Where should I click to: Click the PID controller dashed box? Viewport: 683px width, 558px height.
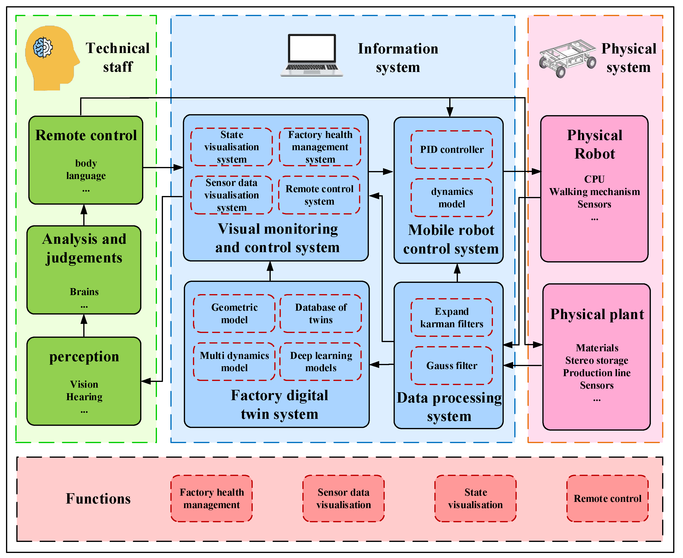click(x=451, y=149)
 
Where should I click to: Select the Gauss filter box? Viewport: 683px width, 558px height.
click(x=451, y=365)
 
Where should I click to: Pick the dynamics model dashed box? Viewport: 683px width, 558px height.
click(x=451, y=198)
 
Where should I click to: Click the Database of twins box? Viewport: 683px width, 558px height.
click(x=321, y=313)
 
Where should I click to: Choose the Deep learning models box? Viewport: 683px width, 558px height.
click(x=321, y=362)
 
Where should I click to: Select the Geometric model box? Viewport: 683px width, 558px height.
click(x=234, y=313)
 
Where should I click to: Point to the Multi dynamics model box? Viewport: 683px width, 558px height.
click(x=234, y=362)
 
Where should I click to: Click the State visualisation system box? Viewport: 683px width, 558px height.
click(x=232, y=147)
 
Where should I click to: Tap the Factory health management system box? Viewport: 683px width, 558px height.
click(x=320, y=147)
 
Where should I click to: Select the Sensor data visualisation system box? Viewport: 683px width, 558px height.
click(x=232, y=195)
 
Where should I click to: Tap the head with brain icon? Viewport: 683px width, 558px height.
click(x=51, y=58)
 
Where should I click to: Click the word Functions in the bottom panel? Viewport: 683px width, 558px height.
click(x=98, y=499)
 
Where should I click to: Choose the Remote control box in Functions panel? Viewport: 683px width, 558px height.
click(x=607, y=499)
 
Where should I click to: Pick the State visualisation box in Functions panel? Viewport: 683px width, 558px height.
click(x=475, y=499)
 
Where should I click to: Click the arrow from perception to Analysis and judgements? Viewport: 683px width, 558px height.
click(x=84, y=325)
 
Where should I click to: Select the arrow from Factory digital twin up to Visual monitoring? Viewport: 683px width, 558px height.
click(x=270, y=271)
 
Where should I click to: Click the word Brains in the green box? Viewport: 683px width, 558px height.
click(x=84, y=291)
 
